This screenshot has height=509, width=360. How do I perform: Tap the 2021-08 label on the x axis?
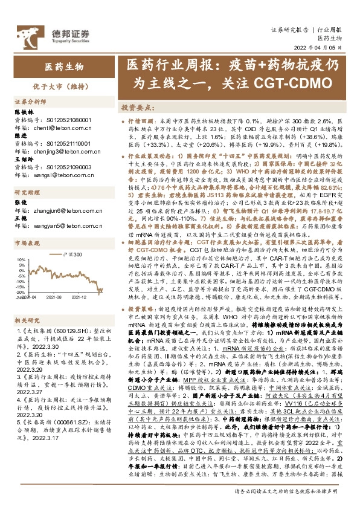(x=56, y=297)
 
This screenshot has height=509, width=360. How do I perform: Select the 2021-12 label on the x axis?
(x=80, y=297)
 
